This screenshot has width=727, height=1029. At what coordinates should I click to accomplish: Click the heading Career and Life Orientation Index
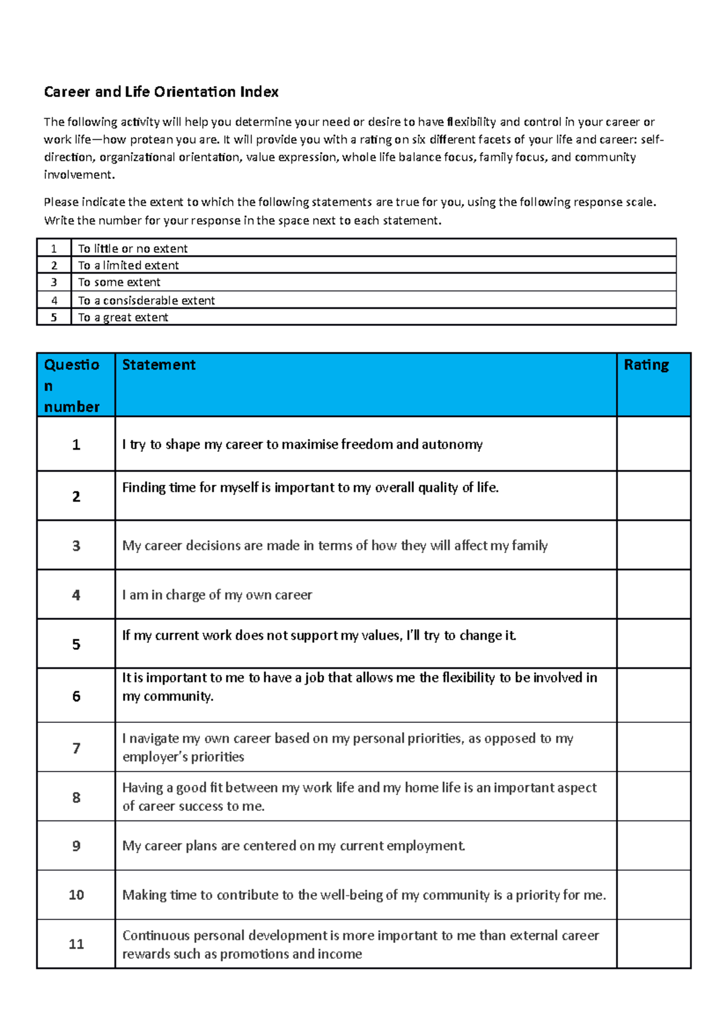coord(161,92)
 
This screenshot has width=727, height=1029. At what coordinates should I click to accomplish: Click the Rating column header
coord(646,365)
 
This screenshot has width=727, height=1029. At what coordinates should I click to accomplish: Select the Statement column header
coord(159,365)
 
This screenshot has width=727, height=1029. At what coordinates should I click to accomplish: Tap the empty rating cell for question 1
coord(653,444)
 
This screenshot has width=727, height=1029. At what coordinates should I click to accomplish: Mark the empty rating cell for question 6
coord(653,695)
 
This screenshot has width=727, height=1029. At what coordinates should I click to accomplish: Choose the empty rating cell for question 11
coord(653,944)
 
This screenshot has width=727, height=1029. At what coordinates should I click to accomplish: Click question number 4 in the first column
coord(76,595)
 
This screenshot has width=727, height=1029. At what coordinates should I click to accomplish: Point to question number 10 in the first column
coord(76,895)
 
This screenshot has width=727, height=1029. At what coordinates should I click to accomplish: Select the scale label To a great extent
coord(123,318)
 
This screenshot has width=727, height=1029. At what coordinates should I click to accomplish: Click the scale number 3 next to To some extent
coord(54,282)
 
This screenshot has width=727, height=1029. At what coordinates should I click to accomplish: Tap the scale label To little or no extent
coord(133,248)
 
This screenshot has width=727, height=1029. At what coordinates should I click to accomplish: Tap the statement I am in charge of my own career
coord(217,595)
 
